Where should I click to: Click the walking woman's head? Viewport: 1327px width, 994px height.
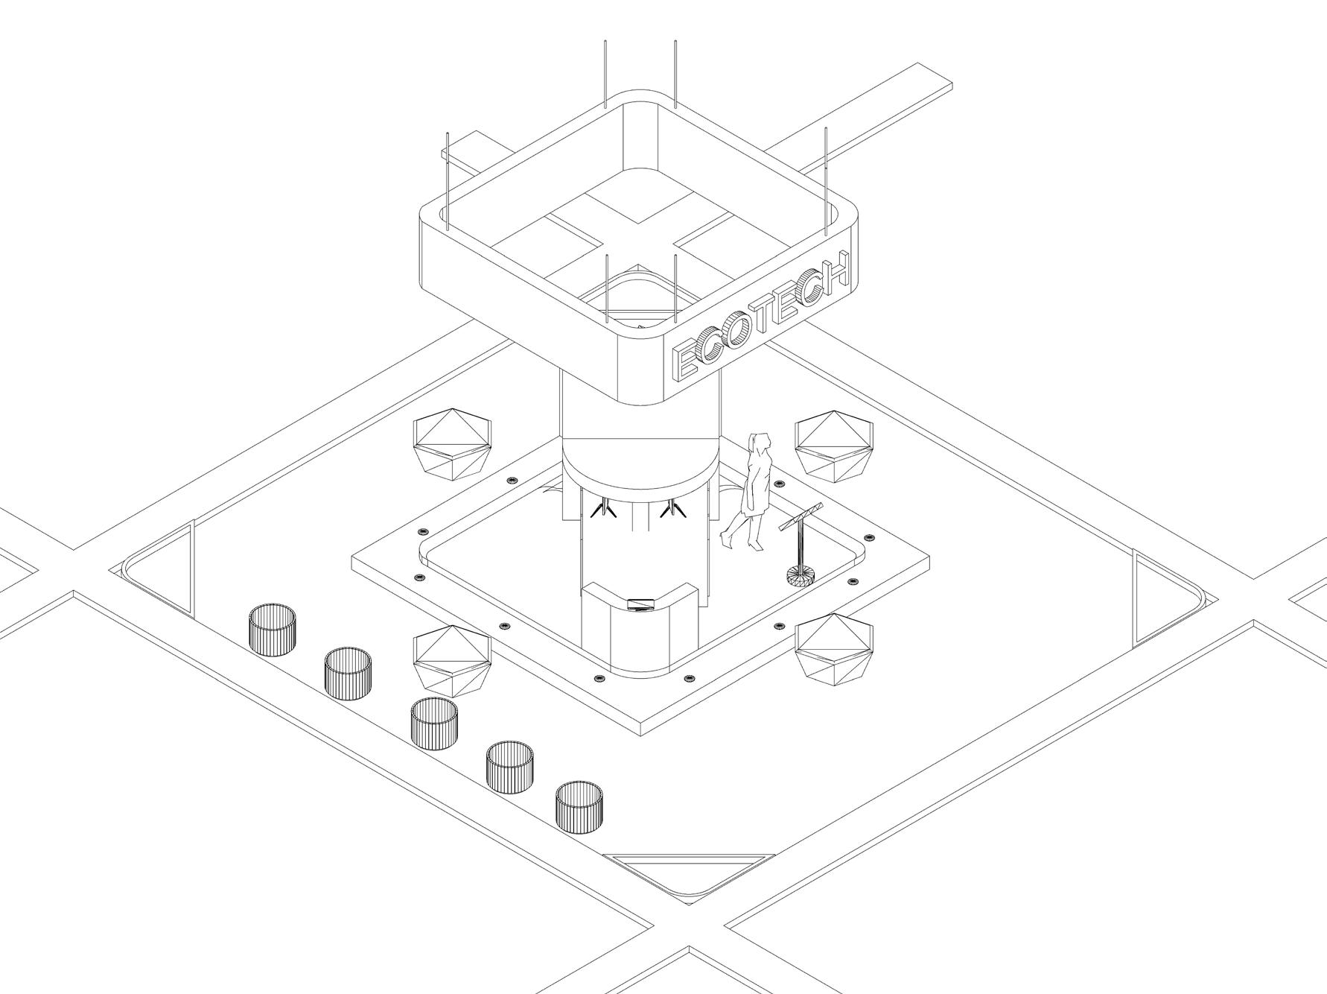[x=760, y=441]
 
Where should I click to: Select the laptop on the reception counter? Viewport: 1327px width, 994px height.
[x=639, y=604]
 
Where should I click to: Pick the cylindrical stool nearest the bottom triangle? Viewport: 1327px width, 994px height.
[x=579, y=807]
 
